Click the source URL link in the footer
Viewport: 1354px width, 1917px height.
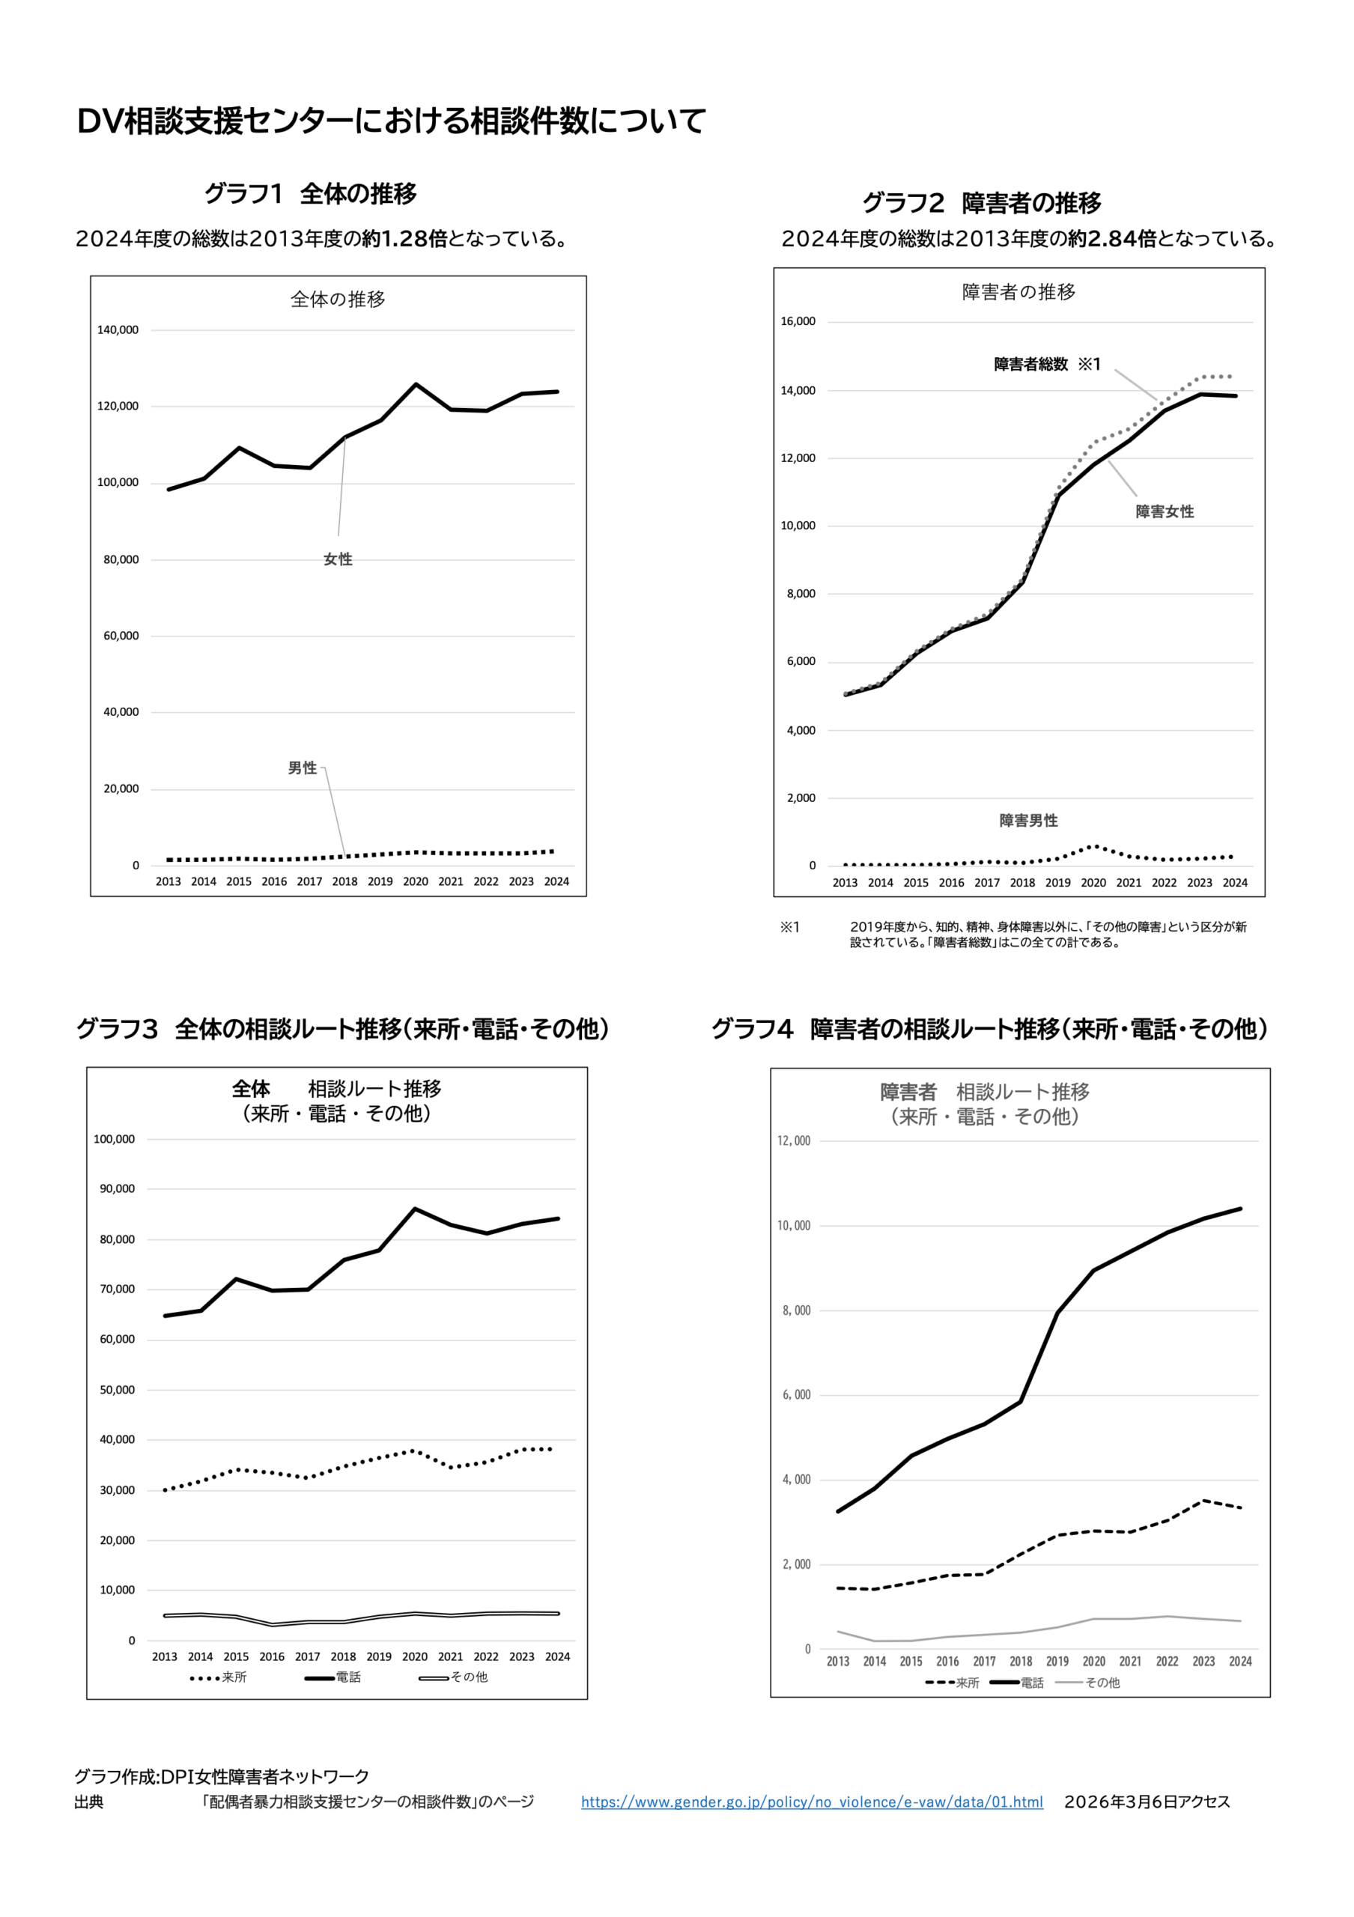tap(811, 1802)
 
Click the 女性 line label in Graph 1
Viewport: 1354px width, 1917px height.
tap(338, 559)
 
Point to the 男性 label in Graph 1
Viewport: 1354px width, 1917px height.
tap(303, 768)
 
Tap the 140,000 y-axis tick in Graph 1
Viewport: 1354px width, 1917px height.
tap(118, 329)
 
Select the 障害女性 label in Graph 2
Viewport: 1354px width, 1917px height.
tap(1164, 511)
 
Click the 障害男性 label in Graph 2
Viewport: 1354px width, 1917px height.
tap(1027, 821)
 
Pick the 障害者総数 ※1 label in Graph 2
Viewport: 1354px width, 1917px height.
tap(1047, 364)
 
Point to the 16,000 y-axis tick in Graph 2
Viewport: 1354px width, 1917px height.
tap(798, 321)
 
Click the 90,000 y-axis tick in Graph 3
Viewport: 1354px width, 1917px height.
tap(117, 1189)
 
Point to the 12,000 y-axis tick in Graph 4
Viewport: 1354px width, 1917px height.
tap(794, 1141)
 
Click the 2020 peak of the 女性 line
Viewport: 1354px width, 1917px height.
tap(416, 384)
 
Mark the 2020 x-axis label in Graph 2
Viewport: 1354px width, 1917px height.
tap(1093, 883)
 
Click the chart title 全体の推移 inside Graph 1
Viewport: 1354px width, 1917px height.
tap(337, 299)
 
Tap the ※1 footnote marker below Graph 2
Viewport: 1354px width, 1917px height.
tap(789, 927)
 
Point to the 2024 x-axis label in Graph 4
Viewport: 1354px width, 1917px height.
tap(1239, 1662)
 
